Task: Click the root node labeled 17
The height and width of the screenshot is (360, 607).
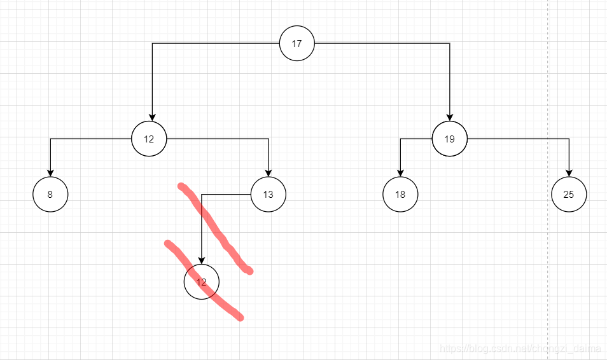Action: (x=297, y=44)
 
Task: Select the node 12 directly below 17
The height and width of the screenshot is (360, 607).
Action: (x=149, y=139)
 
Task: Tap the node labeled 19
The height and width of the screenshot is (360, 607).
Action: (x=449, y=139)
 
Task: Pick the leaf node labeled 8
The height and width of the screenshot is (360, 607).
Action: (x=50, y=194)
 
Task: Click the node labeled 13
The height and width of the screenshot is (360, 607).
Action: (x=269, y=194)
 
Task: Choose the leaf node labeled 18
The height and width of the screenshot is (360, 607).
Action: (x=400, y=194)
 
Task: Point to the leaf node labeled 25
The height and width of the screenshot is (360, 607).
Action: (x=569, y=194)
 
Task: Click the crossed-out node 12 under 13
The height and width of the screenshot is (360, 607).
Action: (x=201, y=282)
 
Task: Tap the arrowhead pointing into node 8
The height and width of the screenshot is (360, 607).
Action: (x=50, y=172)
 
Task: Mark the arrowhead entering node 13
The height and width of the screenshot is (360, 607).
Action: (x=269, y=172)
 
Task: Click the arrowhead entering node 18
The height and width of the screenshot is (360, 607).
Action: (x=400, y=172)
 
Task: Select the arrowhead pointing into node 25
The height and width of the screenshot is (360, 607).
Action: (x=569, y=172)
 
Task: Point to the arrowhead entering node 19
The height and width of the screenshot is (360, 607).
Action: (x=449, y=117)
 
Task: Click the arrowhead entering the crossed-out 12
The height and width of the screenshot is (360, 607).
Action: (x=201, y=260)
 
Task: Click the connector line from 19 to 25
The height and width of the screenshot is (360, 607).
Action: (x=522, y=139)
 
